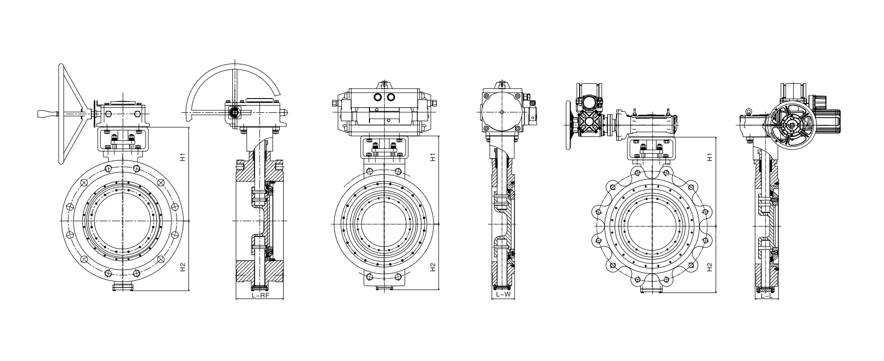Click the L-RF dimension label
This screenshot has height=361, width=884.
259,295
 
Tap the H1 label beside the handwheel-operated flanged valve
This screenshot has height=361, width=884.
182,158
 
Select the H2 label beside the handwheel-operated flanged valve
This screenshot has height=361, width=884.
182,267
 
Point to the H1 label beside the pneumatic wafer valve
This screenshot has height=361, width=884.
433,158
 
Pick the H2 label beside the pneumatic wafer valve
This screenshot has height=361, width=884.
433,267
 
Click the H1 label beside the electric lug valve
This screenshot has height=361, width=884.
709,158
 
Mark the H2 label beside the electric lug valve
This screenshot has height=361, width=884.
709,267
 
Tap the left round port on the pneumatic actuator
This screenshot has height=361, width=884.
377,97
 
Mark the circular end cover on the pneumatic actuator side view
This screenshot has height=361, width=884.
502,112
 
